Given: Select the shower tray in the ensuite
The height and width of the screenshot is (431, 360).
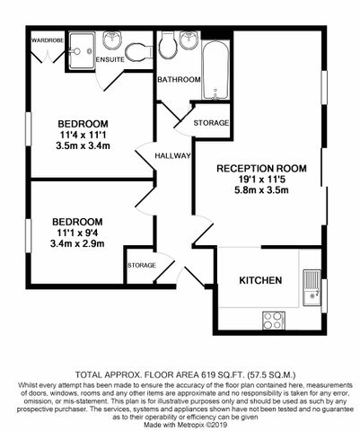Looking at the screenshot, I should tap(80, 47).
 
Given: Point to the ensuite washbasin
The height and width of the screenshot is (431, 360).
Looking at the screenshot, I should tap(113, 40).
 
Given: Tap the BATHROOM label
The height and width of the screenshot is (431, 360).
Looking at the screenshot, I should tap(179, 80).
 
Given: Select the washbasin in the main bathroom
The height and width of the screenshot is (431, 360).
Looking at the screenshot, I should tap(191, 42).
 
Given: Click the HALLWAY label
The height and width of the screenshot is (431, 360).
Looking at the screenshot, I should tap(173, 155).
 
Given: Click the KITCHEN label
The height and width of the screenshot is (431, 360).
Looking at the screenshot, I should tap(260, 281).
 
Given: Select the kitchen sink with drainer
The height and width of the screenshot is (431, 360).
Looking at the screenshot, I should tap(311, 286).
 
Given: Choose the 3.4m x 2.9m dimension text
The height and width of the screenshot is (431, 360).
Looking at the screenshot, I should tap(76, 243).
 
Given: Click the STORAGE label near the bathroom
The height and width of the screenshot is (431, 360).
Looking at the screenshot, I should tap(212, 122).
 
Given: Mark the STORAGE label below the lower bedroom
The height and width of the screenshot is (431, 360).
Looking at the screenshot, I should tap(143, 266).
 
